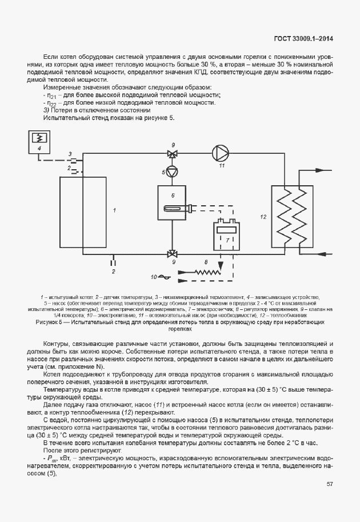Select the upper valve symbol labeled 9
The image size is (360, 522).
pos(171,154)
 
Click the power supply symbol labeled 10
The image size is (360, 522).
pos(163,277)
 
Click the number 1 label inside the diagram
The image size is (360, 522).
pos(114,210)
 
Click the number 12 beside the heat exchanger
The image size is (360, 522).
pos(263,217)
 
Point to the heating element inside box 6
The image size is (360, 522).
pos(174,208)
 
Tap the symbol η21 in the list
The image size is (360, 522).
pos(53,95)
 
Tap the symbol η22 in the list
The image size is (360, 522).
pos(53,103)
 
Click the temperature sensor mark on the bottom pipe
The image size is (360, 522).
pos(114,261)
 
